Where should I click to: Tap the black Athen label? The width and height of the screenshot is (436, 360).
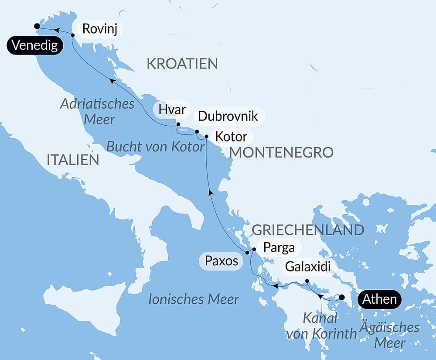point(379,299)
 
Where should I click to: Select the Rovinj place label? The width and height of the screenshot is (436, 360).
point(100,29)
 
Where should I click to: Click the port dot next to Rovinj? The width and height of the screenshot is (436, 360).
point(73,35)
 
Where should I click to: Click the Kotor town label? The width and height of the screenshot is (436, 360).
point(232,136)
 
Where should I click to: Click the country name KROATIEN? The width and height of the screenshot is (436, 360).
point(182,64)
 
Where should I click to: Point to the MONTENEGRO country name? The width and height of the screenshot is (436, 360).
point(281,152)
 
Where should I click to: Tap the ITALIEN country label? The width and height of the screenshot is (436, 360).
point(73,160)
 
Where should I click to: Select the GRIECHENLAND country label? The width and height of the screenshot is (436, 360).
point(308,230)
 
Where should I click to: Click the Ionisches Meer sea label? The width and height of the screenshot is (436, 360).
point(194,299)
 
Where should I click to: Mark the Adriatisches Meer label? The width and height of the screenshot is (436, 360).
point(97,111)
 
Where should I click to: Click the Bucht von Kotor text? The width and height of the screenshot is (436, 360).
point(156,147)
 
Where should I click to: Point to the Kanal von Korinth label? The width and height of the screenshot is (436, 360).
point(320,326)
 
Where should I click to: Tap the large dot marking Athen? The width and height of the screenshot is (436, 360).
point(342,298)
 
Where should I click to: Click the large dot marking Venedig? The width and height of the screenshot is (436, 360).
point(37,26)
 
